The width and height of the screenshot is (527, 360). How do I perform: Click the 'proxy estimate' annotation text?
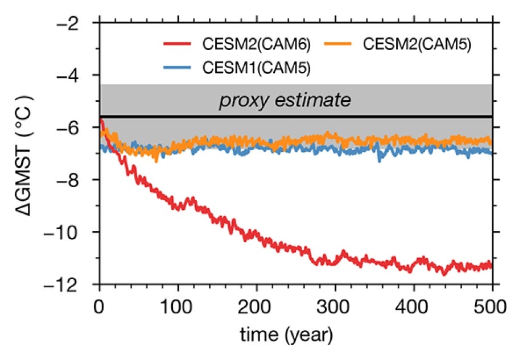pyautogui.click(x=285, y=101)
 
